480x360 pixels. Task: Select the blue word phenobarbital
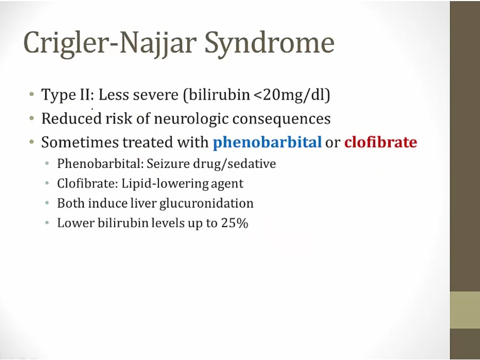point(267,142)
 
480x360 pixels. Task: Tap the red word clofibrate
point(380,142)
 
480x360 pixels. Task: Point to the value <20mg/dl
point(292,95)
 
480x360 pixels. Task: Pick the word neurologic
point(191,119)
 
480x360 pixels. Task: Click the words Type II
point(67,95)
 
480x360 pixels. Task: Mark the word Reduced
point(71,118)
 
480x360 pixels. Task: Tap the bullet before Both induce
point(47,203)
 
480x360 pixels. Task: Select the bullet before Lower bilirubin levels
point(47,222)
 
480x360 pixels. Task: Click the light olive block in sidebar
point(465,310)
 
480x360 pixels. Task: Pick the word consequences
point(281,119)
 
